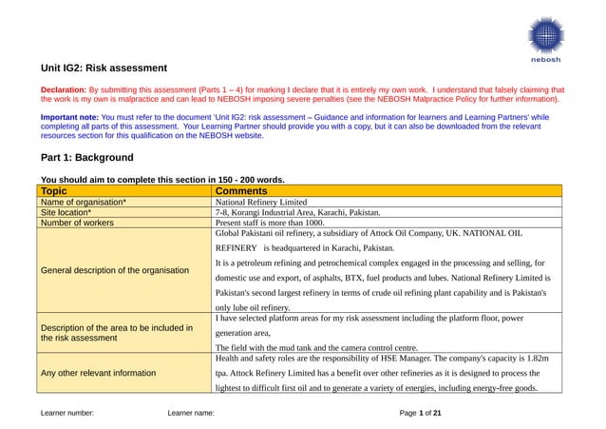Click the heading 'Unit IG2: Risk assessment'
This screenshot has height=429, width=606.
[x=104, y=68]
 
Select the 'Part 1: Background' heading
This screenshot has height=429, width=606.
[x=86, y=157]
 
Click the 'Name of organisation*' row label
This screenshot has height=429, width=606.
[x=83, y=203]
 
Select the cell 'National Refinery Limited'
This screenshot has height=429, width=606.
[x=261, y=203]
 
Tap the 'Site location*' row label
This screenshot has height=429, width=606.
[x=66, y=213]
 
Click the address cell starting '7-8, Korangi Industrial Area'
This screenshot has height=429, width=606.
[x=297, y=213]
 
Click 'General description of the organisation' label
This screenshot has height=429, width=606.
[x=114, y=270]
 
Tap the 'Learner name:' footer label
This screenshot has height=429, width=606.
[x=190, y=414]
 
